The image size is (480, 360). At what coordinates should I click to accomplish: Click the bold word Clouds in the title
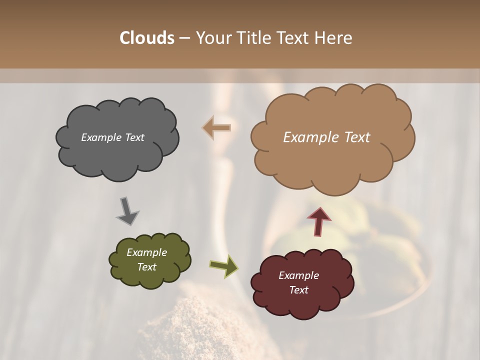tap(147, 38)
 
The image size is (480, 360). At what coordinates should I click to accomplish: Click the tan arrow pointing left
tap(217, 128)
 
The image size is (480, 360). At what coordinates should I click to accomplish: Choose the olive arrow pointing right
tap(223, 265)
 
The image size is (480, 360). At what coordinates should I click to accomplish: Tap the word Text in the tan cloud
tap(353, 137)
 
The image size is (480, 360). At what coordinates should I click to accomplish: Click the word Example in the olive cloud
tap(146, 252)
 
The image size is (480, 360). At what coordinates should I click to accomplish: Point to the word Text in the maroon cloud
tap(298, 290)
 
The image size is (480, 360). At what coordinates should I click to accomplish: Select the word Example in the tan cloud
tap(309, 137)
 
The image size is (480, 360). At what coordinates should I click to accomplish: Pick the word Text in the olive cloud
tap(146, 267)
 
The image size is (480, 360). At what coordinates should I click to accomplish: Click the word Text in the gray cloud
tap(134, 137)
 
